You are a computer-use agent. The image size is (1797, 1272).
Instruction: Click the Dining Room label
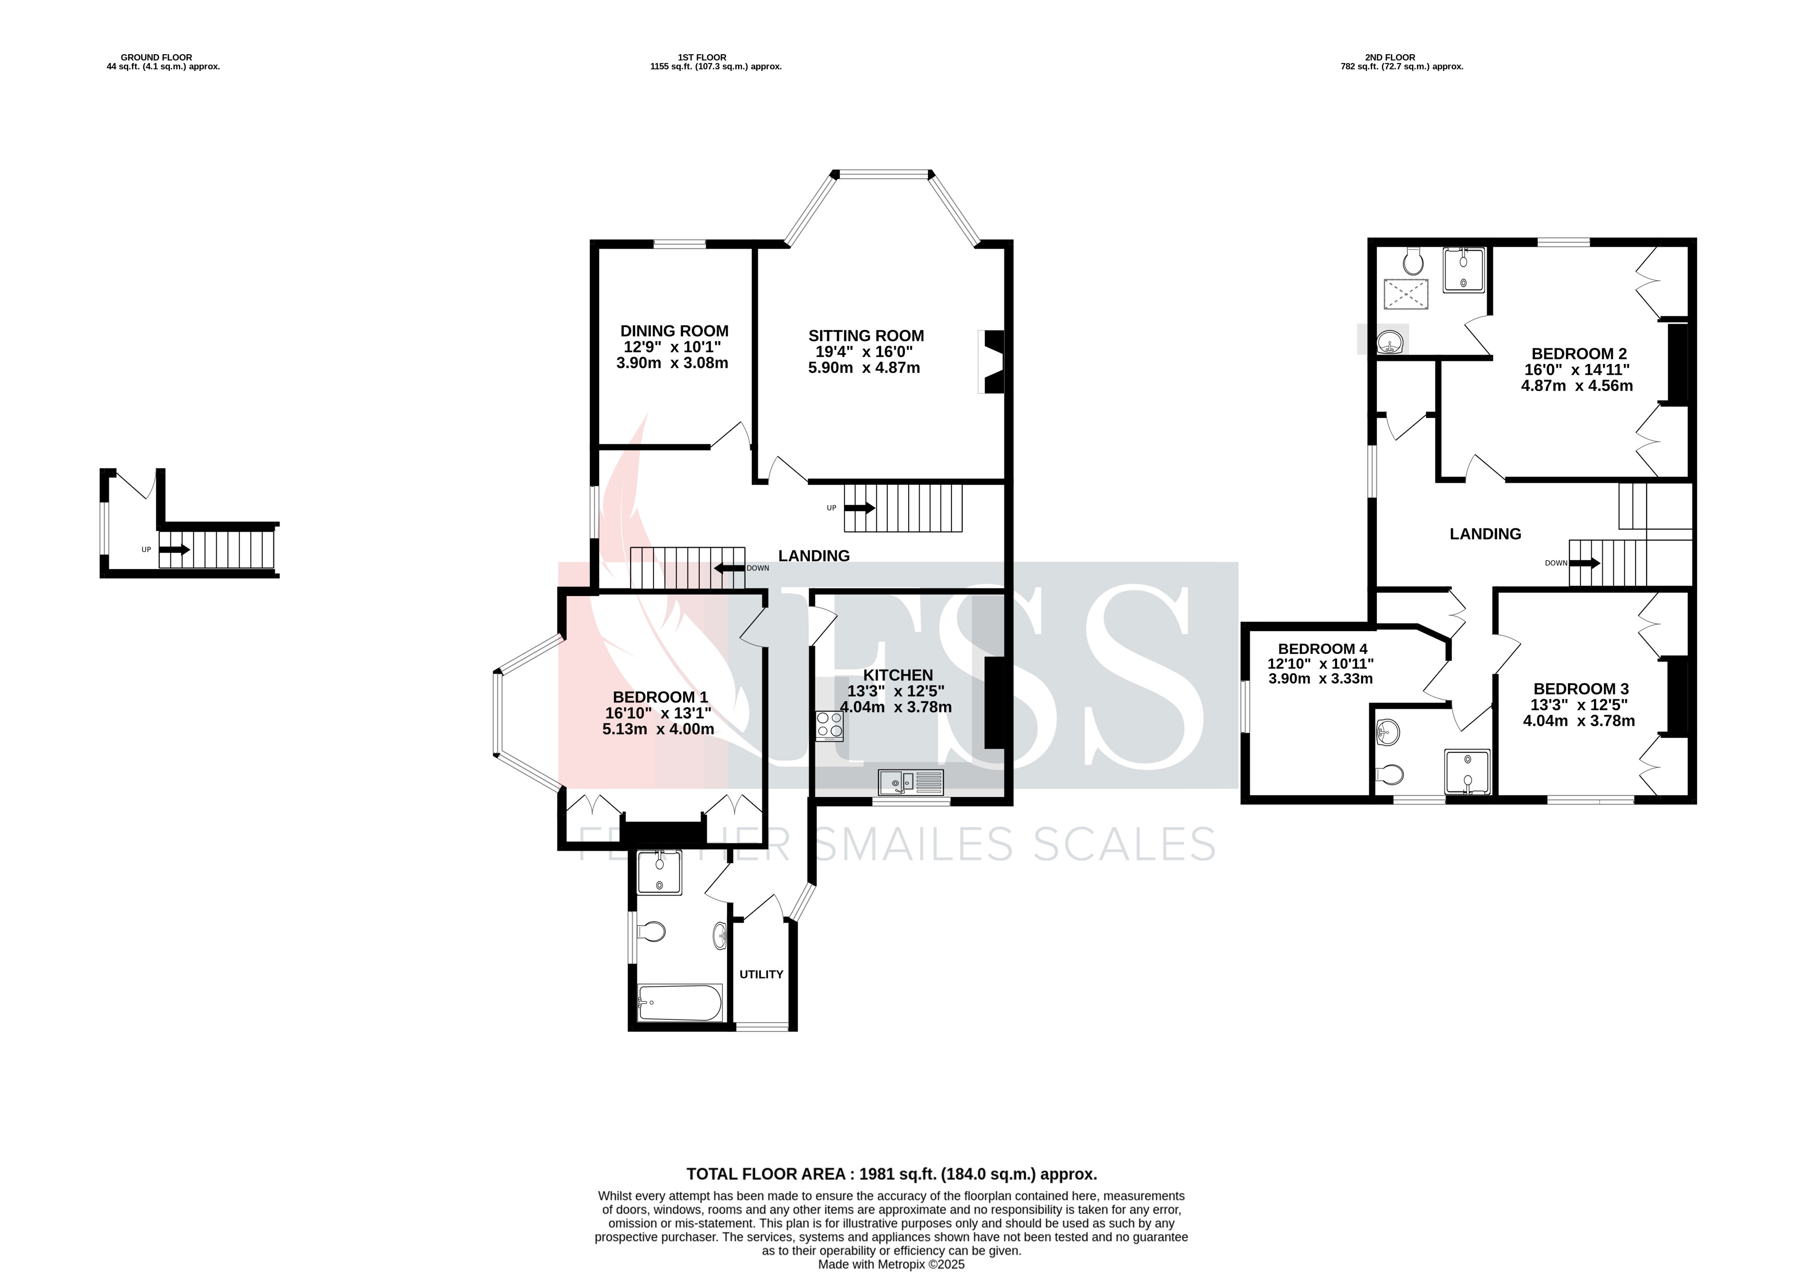click(x=674, y=331)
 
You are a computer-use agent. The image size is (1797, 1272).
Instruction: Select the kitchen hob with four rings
click(x=830, y=726)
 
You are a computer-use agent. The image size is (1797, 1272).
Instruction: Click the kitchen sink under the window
click(x=912, y=782)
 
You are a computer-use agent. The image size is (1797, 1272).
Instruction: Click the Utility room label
click(x=761, y=974)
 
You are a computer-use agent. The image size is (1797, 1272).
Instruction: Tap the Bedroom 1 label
click(x=660, y=697)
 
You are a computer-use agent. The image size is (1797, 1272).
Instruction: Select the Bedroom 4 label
click(x=1322, y=649)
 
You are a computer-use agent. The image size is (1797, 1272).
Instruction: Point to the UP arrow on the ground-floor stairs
click(x=174, y=549)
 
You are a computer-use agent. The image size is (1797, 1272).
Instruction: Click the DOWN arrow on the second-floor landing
click(x=1585, y=562)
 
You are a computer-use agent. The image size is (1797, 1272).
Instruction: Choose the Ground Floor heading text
click(x=157, y=57)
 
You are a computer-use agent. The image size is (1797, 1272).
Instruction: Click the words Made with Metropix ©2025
click(x=891, y=1264)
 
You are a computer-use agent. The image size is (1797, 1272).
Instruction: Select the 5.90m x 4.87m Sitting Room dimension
click(x=864, y=368)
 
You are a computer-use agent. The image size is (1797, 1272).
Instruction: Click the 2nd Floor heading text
click(x=1390, y=57)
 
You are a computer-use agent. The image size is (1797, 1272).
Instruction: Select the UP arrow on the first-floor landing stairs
click(x=859, y=508)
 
